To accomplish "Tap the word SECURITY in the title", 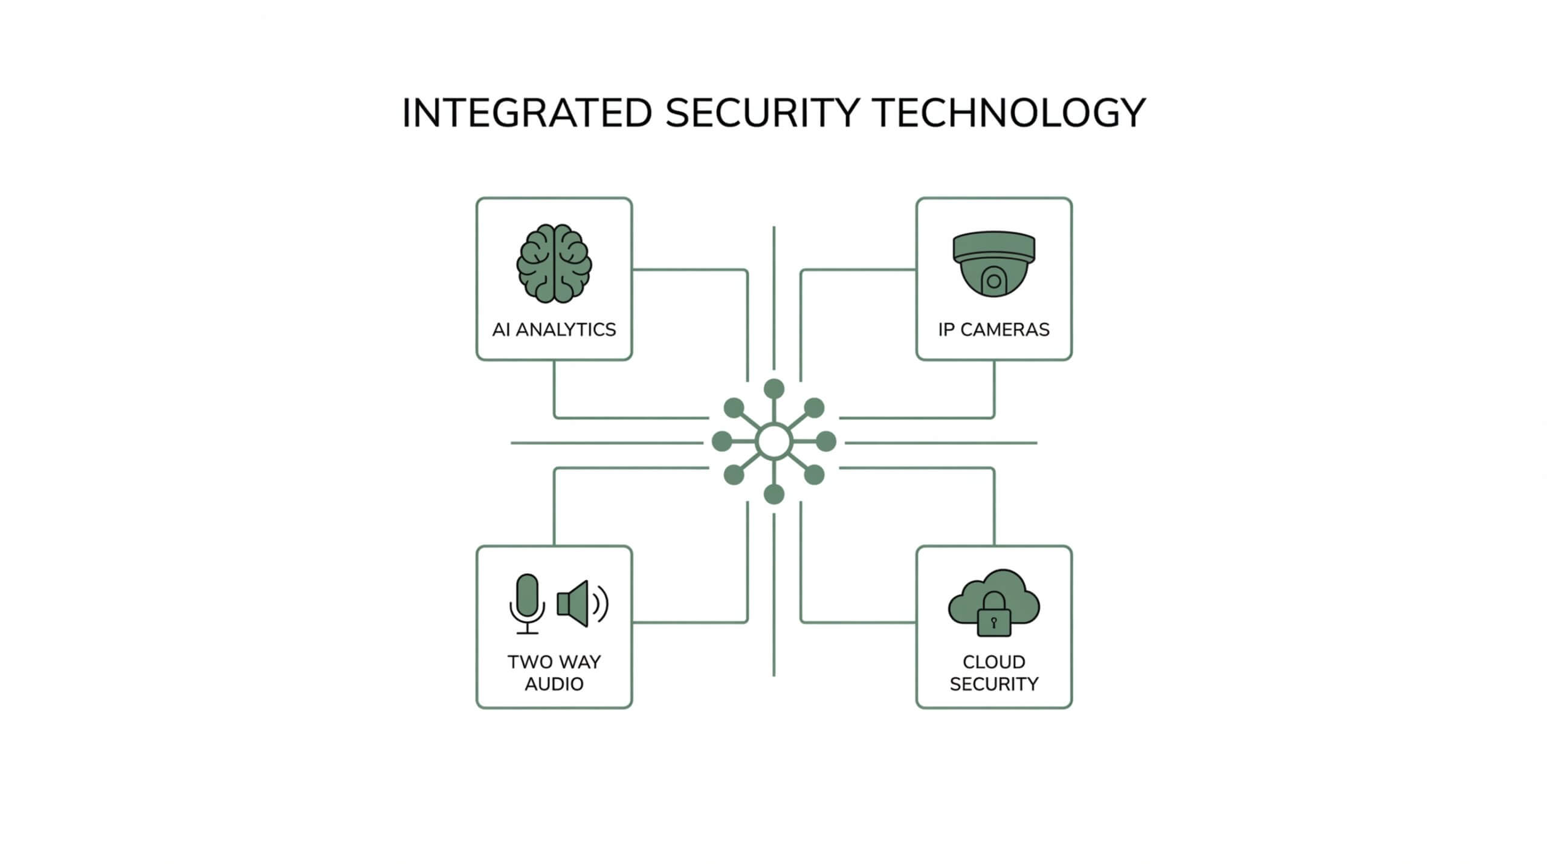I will click(762, 113).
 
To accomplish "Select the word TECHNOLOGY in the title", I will click(1009, 113).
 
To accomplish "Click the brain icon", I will click(554, 264).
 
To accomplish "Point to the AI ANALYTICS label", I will click(554, 330).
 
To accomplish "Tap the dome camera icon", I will click(994, 264).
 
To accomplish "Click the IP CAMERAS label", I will click(994, 330).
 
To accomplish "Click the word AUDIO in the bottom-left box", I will click(554, 684).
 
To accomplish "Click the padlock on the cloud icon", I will click(994, 616).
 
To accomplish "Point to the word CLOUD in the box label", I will click(994, 662).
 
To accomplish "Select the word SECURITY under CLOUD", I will click(994, 684).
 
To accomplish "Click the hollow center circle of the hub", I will click(774, 442).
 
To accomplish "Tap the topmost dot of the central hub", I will click(774, 389).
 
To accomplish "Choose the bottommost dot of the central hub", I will click(774, 495).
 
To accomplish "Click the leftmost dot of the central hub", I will click(722, 441).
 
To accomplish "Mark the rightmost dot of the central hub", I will click(827, 441).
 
